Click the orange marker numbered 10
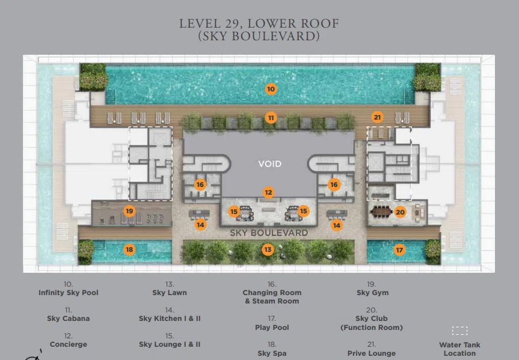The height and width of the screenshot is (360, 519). tap(271, 89)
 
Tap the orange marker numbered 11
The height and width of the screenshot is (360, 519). tap(271, 118)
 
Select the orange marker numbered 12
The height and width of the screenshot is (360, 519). tap(268, 192)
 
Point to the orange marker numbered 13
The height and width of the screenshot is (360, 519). tap(268, 249)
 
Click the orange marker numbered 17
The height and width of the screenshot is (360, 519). tap(399, 250)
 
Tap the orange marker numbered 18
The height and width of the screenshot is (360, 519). tap(129, 249)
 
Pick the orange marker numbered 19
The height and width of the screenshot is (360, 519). tap(129, 211)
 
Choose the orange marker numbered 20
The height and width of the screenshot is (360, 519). tap(400, 212)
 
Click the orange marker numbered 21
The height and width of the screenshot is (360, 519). tap(377, 117)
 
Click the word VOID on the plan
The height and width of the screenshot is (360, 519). tap(270, 164)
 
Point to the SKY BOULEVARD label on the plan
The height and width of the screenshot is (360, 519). tap(269, 233)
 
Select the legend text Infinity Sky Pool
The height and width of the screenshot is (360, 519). tap(68, 293)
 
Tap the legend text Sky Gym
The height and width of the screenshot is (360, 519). tap(373, 293)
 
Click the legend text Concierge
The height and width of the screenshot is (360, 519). tap(68, 344)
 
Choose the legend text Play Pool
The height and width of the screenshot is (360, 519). tap(272, 328)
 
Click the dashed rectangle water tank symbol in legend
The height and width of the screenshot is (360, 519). tap(459, 331)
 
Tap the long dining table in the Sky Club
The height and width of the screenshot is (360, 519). tap(381, 212)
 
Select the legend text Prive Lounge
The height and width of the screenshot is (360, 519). tap(372, 353)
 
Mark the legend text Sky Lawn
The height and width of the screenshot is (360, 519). tap(170, 293)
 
